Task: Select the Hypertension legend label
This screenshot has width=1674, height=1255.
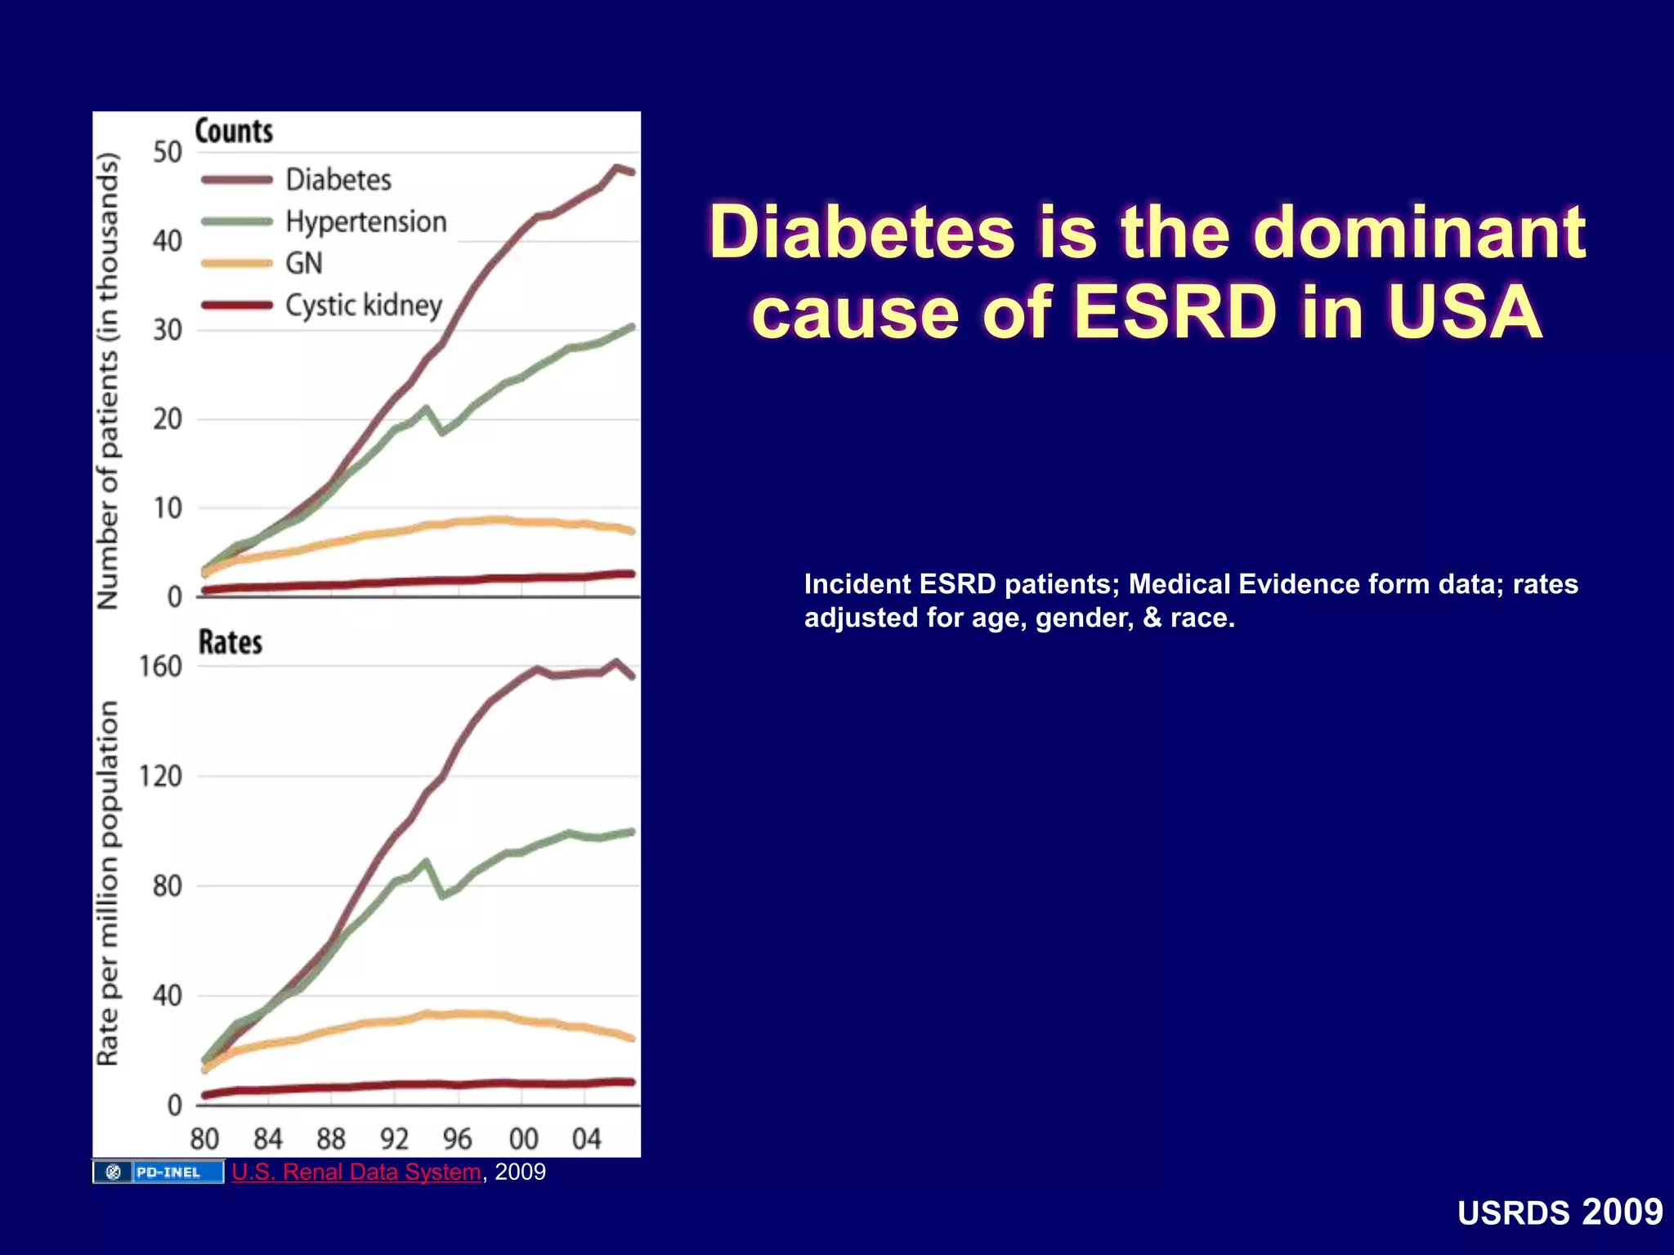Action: [365, 221]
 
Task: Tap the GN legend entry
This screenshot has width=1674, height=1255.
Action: [303, 263]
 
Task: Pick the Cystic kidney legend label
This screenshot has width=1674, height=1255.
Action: [363, 305]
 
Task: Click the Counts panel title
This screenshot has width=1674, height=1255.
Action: [234, 132]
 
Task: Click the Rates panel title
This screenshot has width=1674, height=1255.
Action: [231, 642]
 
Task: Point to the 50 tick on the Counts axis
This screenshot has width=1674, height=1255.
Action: [168, 153]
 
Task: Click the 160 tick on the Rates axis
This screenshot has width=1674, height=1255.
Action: [160, 667]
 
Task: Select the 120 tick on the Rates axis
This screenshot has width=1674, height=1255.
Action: [160, 776]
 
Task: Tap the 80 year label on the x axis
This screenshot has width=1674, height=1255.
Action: [204, 1139]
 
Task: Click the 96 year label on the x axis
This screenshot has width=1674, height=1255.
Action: [458, 1139]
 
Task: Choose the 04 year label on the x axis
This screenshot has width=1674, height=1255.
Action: [586, 1139]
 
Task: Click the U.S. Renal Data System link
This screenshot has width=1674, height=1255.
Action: [356, 1172]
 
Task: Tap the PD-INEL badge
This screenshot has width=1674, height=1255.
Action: [159, 1172]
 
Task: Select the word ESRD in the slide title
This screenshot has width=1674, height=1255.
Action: [1175, 313]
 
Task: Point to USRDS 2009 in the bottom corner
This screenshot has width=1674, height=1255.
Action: [1560, 1213]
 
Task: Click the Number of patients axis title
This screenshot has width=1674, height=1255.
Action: [108, 382]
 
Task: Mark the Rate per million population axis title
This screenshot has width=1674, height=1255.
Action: [108, 882]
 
